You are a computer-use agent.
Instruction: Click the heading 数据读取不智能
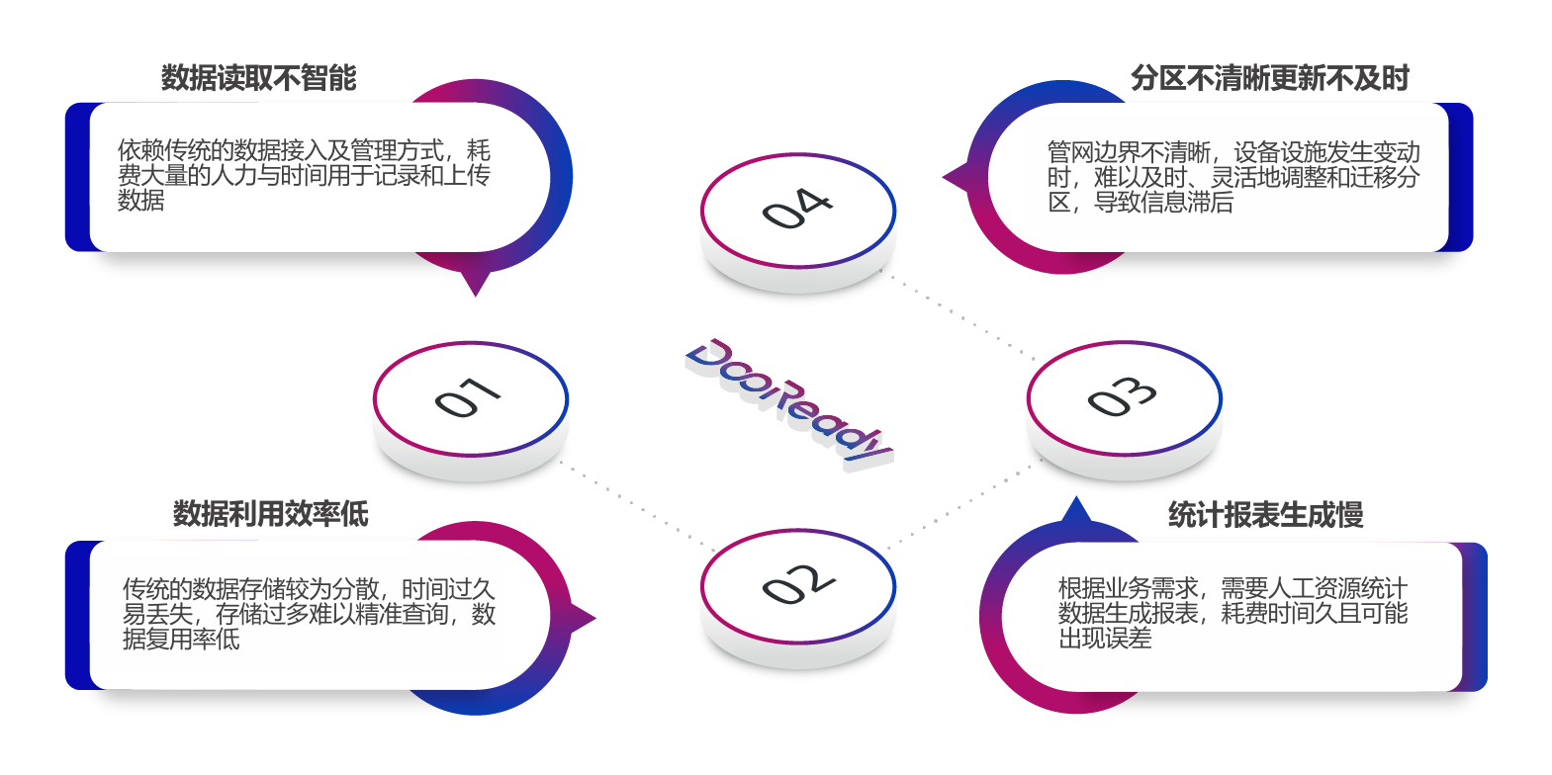click(x=258, y=78)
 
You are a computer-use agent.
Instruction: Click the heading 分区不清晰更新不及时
click(x=1269, y=78)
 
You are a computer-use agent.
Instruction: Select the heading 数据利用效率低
click(x=270, y=513)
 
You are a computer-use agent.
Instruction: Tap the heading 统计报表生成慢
click(x=1265, y=515)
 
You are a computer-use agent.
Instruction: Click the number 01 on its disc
click(x=468, y=397)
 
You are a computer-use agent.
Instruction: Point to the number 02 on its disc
click(x=798, y=584)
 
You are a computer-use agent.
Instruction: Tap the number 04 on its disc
click(x=797, y=209)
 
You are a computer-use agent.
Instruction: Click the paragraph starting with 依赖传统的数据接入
click(x=304, y=175)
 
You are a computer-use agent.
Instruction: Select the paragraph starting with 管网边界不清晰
click(x=1233, y=178)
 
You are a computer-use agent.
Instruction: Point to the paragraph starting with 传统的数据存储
click(x=309, y=614)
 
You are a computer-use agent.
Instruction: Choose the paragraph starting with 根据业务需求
click(x=1232, y=613)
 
